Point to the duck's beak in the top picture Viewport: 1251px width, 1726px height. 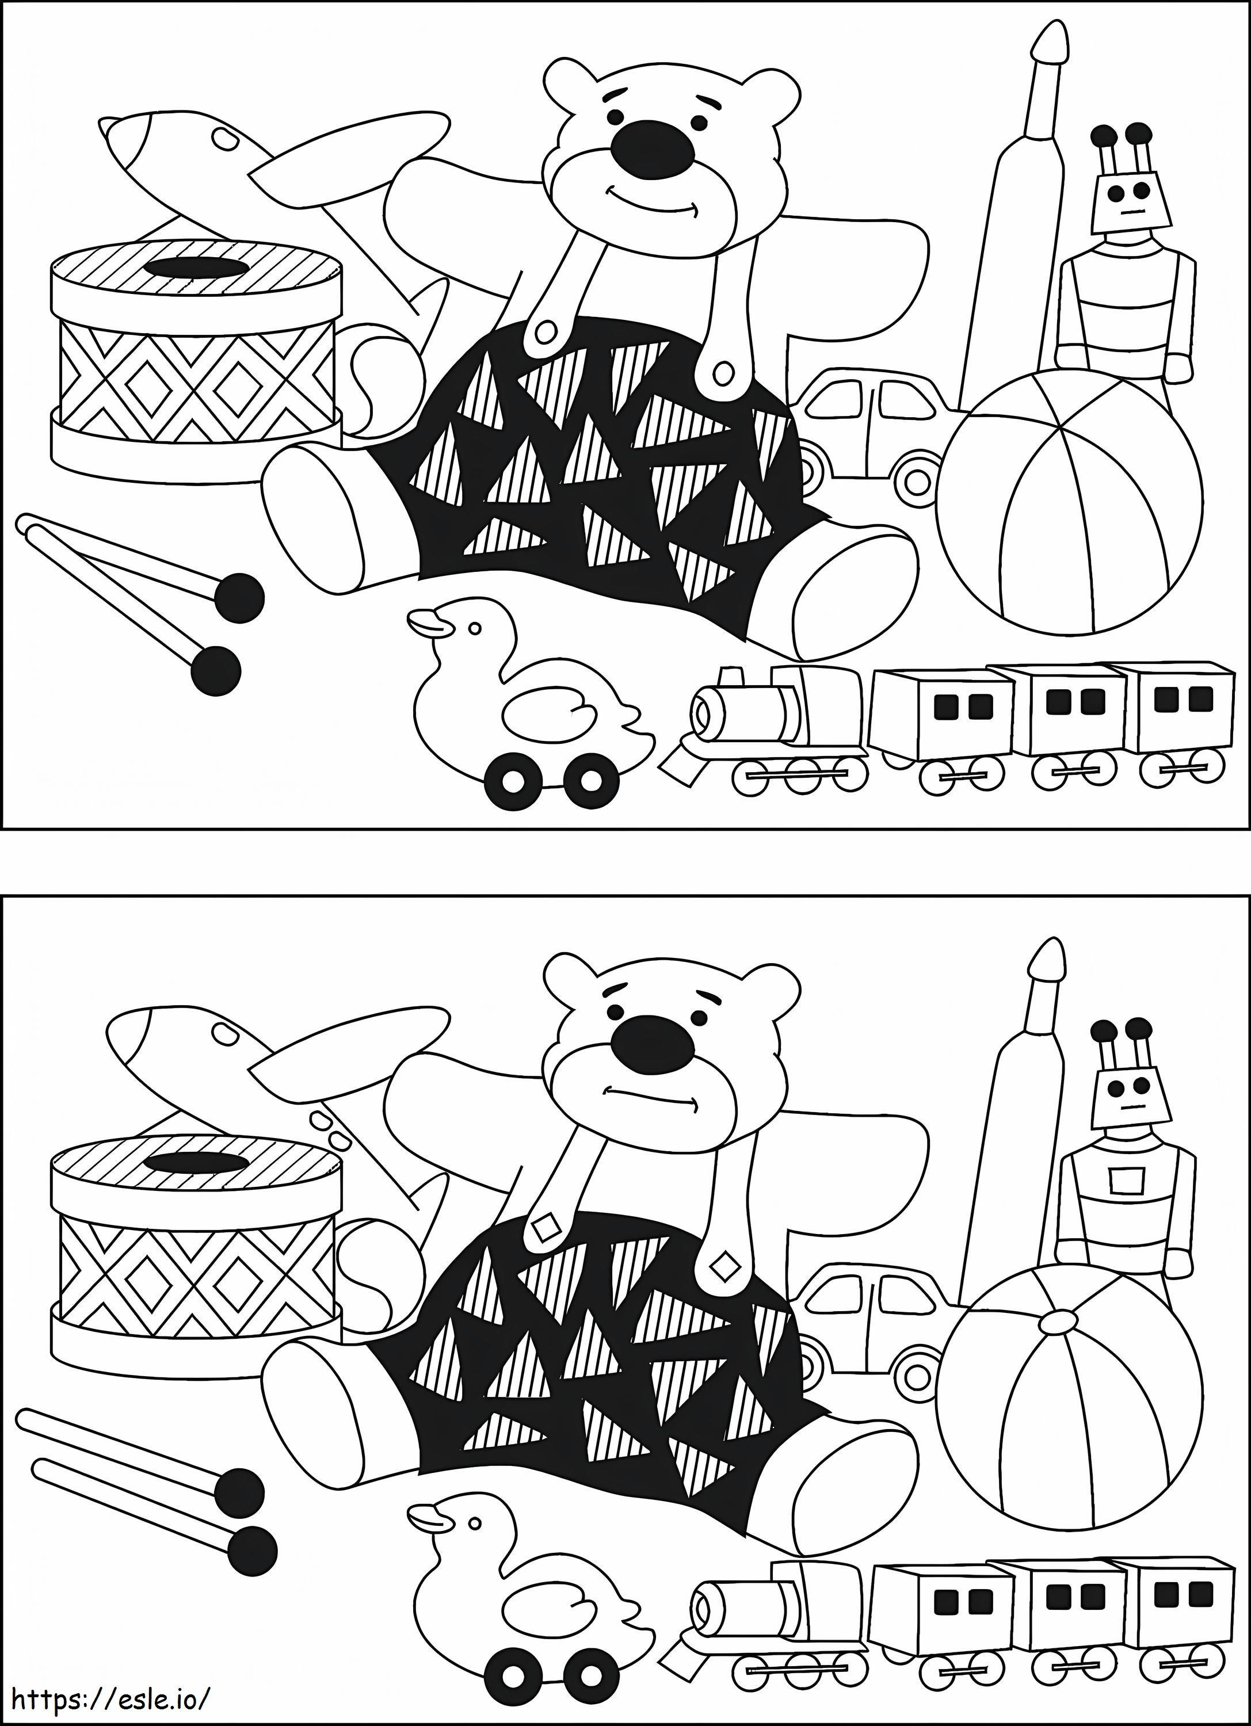426,623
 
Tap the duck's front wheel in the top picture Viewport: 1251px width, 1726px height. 512,778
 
